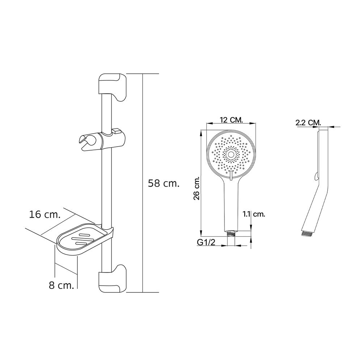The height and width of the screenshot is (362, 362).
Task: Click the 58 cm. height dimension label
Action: [x=164, y=184]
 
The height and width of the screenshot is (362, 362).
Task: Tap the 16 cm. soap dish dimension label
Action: [x=45, y=214]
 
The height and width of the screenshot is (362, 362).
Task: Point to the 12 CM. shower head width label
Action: [x=231, y=120]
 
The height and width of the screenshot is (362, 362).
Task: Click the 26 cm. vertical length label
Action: [x=197, y=189]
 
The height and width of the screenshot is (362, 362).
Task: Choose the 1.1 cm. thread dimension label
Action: [x=254, y=214]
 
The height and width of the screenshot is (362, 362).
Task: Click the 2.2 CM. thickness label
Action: [x=308, y=123]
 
